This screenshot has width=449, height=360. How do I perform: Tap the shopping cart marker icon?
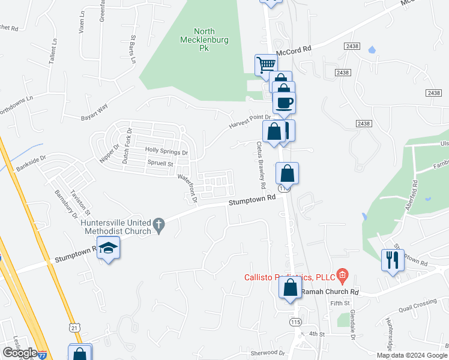[266, 64]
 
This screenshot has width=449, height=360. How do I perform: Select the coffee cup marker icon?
[284, 102]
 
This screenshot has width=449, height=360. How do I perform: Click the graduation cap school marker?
[109, 248]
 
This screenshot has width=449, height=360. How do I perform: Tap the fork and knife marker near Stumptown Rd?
[393, 260]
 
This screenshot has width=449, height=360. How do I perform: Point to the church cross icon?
[158, 225]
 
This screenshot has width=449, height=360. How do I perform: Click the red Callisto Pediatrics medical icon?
[343, 277]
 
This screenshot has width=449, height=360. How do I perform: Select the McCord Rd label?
[298, 50]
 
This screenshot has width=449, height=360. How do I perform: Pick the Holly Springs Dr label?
[166, 151]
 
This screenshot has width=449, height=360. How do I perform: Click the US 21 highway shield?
[73, 328]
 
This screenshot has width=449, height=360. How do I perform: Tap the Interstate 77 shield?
[42, 355]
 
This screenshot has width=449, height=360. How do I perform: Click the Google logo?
[19, 352]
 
